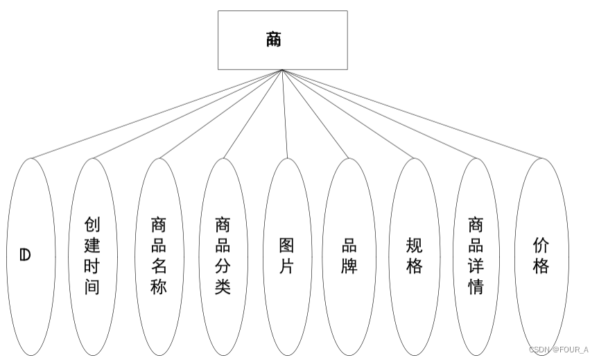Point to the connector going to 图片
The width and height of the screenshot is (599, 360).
coord(285,114)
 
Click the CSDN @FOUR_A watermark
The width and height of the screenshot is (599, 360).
coord(558,349)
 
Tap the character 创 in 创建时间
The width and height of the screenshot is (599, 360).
coord(93,224)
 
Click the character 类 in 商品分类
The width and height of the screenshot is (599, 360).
coord(223,286)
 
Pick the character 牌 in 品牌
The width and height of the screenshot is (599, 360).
coord(349,266)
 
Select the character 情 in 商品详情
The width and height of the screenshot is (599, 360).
coord(476,286)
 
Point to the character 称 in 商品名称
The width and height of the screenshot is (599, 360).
coord(159,286)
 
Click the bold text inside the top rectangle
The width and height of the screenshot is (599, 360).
coord(274,40)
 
